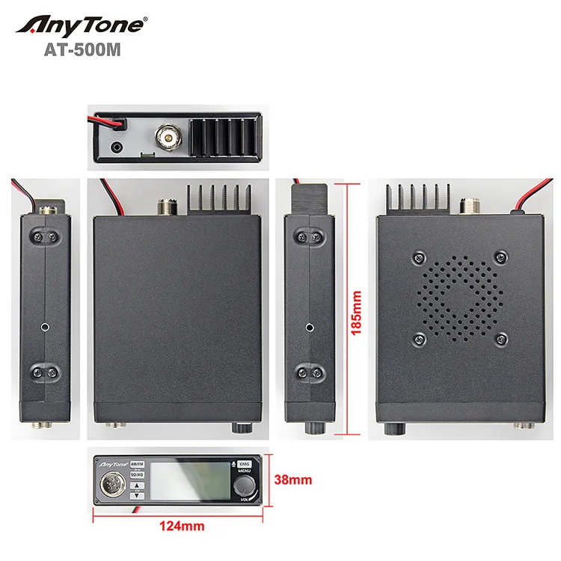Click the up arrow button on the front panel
point(138,485)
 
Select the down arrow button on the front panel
point(138,494)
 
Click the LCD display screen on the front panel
point(191,482)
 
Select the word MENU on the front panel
point(245,471)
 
